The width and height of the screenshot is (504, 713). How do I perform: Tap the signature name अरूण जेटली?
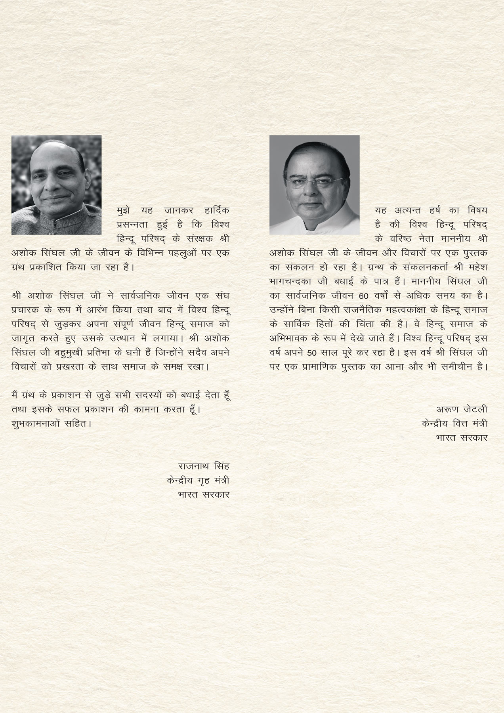click(x=462, y=410)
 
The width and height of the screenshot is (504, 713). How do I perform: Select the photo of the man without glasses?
click(x=56, y=185)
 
